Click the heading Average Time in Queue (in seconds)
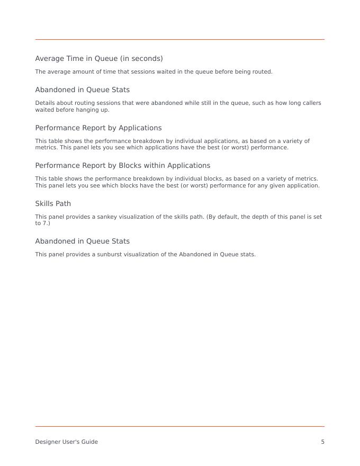(99, 58)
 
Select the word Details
(44, 103)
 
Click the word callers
(311, 103)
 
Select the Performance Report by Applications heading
(98, 128)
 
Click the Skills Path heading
(53, 203)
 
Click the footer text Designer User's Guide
(67, 442)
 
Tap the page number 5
(322, 442)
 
